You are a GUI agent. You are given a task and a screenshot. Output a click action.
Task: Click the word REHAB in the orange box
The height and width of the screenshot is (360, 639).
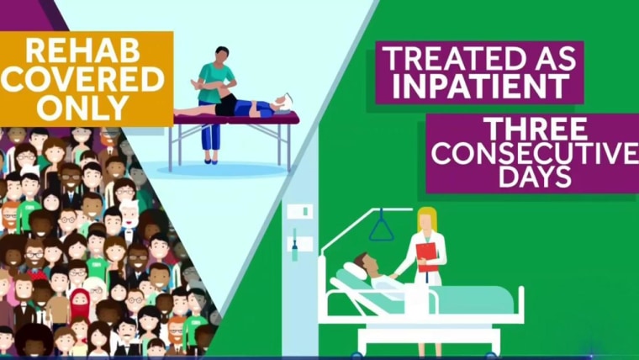point(82,50)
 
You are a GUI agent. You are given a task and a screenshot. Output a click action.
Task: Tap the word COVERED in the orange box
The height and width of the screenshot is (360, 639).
point(82,79)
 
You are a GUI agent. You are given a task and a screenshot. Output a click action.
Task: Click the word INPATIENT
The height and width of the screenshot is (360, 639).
point(481,86)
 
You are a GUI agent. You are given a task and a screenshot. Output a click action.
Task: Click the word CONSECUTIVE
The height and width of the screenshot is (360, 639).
point(535,153)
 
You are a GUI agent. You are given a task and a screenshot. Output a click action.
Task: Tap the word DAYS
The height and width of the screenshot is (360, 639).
point(535,177)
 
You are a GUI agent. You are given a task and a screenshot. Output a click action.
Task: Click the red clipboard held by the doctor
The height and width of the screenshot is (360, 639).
point(426,257)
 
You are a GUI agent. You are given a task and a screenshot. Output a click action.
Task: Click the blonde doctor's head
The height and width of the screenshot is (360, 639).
point(426,221)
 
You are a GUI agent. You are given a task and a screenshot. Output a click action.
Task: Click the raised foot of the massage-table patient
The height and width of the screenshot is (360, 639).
point(196,84)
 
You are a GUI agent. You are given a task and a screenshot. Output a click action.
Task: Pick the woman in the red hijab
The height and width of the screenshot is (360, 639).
point(80,304)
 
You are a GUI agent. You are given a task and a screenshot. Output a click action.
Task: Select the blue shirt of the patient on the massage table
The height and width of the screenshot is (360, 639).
point(254,109)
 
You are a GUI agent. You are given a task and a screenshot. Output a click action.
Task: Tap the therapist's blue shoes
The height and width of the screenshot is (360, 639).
point(211,161)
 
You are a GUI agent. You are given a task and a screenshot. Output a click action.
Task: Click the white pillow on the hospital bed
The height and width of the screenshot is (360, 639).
point(356,271)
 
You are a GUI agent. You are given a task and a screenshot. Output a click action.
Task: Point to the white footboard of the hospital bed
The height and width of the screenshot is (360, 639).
point(520,304)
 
